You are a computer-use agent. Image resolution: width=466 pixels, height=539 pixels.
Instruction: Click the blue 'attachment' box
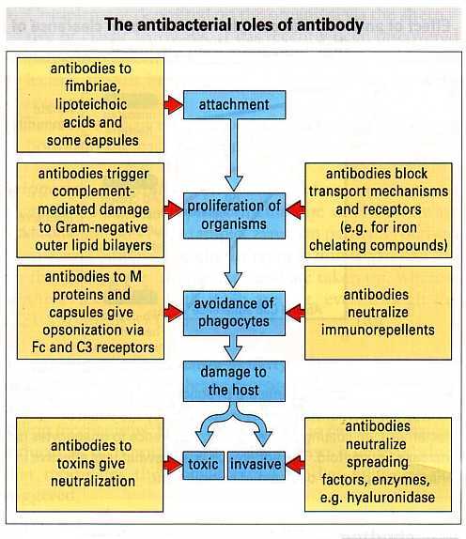[x=234, y=105]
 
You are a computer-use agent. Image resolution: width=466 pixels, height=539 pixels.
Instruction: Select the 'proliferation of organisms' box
[x=234, y=216]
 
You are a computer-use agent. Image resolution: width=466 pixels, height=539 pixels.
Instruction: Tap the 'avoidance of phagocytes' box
[x=234, y=313]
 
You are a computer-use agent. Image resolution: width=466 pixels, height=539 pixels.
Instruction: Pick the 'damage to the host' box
[x=234, y=381]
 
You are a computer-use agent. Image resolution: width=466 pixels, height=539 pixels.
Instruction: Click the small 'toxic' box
[x=203, y=466]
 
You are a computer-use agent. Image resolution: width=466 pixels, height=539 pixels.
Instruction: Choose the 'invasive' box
[x=256, y=466]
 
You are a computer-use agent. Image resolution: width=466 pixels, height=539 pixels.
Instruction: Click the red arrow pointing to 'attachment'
[x=174, y=105]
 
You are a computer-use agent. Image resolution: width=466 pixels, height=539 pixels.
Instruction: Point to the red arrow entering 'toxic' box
[x=173, y=465]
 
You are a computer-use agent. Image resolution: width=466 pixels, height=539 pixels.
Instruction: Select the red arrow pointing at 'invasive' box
[x=295, y=465]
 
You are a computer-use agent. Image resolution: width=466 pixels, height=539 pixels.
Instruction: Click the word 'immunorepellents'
[x=378, y=330]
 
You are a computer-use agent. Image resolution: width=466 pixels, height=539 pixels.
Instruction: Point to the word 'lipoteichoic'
[x=91, y=104]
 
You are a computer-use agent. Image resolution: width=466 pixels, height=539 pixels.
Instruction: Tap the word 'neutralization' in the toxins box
[x=93, y=481]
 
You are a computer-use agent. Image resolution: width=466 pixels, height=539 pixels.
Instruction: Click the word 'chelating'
[x=338, y=246]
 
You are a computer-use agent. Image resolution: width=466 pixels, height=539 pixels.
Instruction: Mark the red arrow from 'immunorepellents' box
[x=295, y=313]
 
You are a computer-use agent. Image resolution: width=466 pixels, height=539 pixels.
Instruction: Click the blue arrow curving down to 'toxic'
[x=210, y=423]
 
